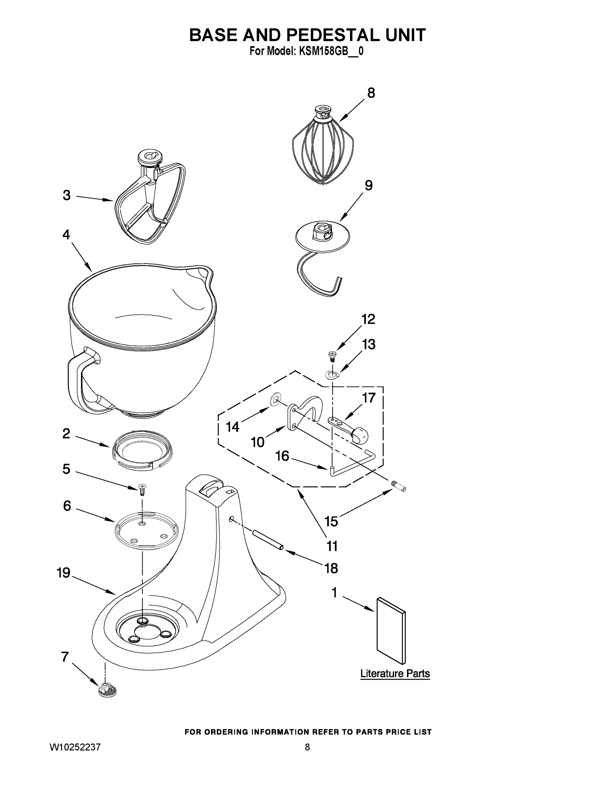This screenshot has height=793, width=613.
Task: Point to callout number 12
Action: click(x=368, y=319)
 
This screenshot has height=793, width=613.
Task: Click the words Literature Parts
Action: click(x=395, y=673)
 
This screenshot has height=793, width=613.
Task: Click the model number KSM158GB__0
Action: click(x=331, y=51)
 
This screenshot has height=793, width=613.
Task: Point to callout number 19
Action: click(x=63, y=573)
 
